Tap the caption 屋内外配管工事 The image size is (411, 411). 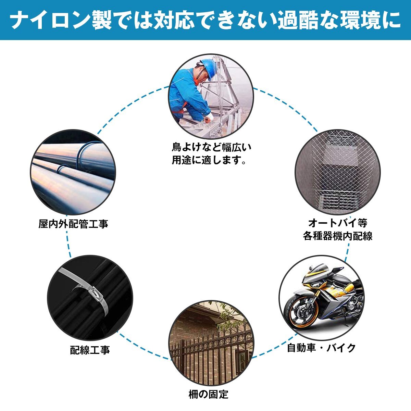click(73, 224)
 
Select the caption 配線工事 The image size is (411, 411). click(90, 350)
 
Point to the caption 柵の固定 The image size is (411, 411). click(208, 394)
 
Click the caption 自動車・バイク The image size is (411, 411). click(321, 348)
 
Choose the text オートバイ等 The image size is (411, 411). click(337, 223)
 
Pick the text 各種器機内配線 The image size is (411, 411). click(337, 236)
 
